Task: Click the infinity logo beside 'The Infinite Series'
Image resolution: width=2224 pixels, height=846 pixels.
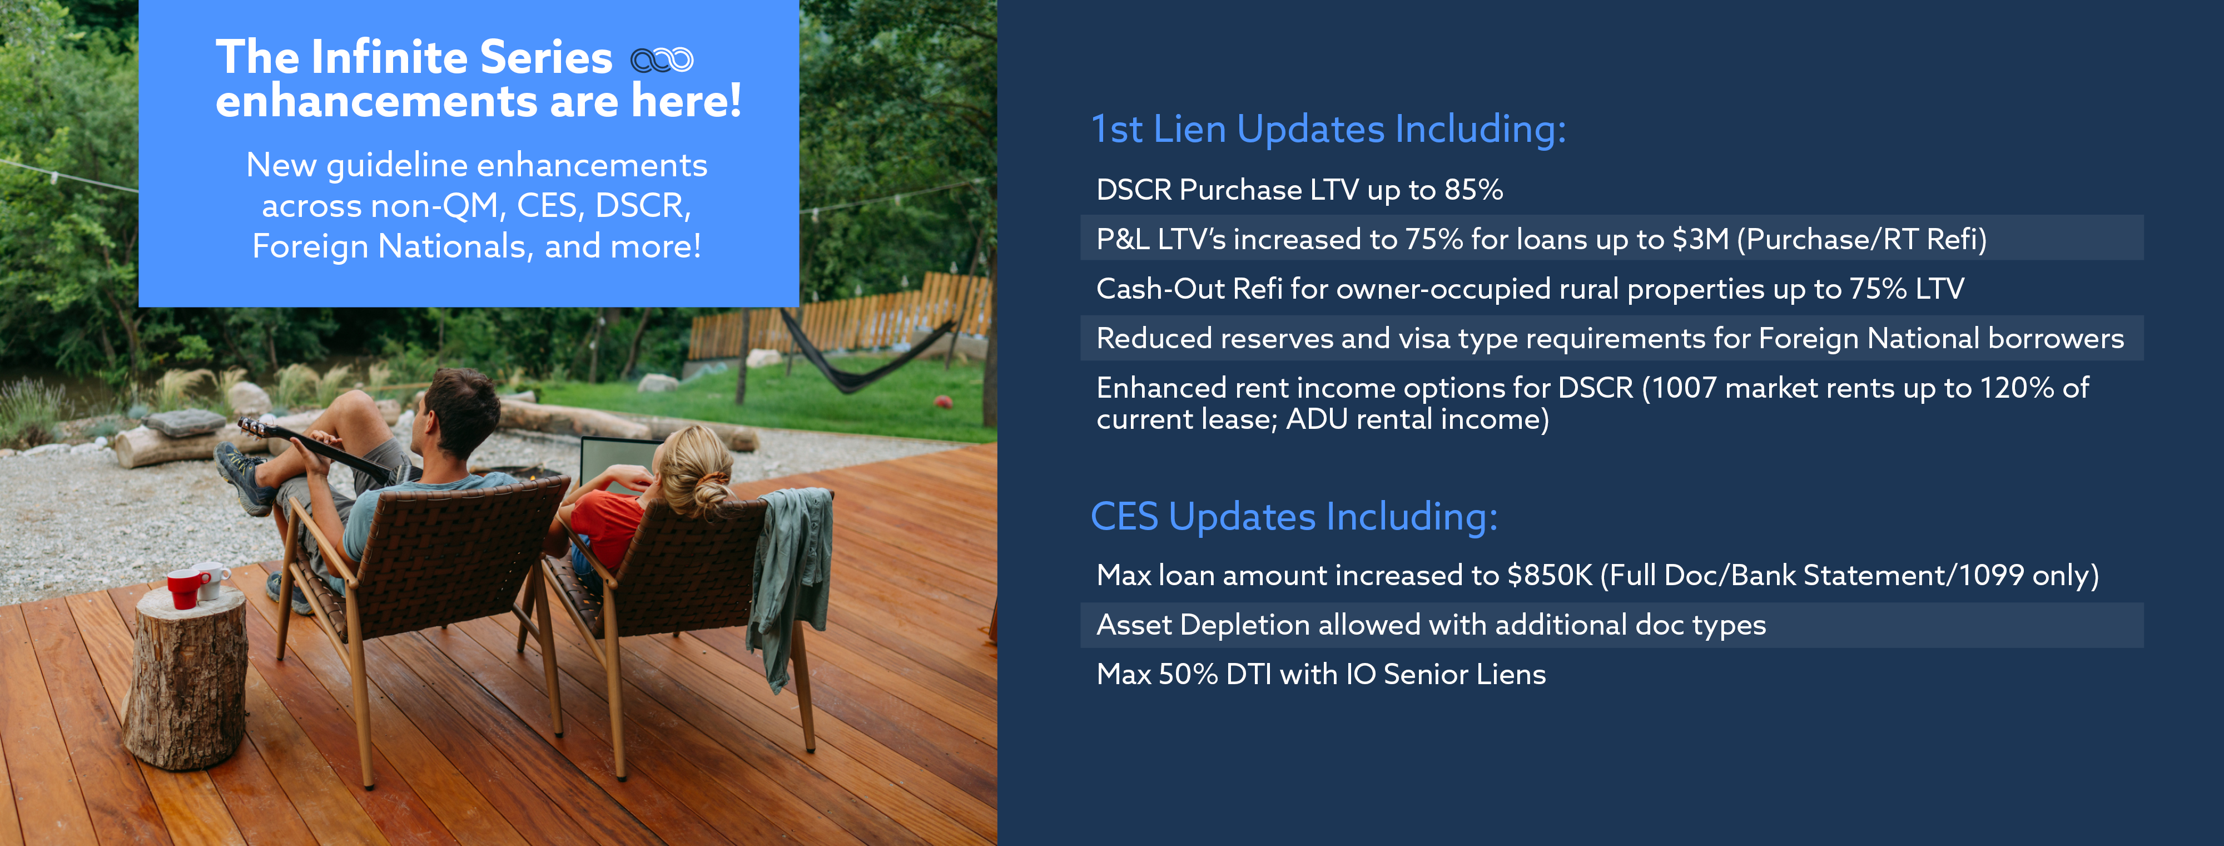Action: [x=662, y=60]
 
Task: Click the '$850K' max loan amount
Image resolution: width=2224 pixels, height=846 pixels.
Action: [x=1549, y=575]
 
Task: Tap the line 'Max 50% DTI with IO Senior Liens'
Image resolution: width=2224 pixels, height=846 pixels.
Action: [x=1321, y=674]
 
